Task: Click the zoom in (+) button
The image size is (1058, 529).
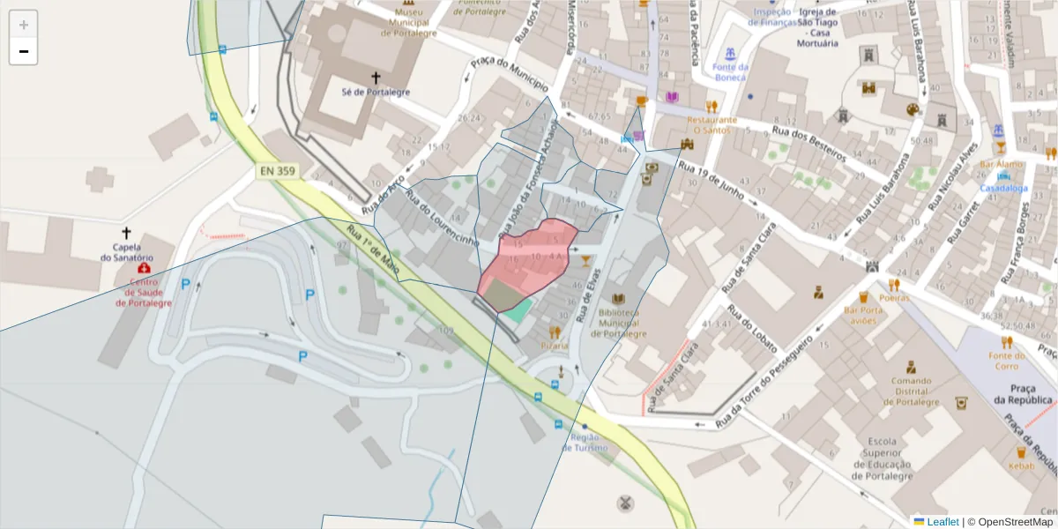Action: click(x=24, y=25)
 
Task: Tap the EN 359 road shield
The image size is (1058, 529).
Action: click(x=277, y=171)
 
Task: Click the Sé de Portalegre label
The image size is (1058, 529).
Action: click(x=376, y=92)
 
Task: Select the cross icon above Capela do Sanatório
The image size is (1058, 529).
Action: click(x=126, y=233)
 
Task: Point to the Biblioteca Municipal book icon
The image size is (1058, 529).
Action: click(x=618, y=299)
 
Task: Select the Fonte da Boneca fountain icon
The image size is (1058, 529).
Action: click(x=729, y=53)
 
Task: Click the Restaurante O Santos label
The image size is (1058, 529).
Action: click(x=712, y=124)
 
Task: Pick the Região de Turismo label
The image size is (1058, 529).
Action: click(x=589, y=442)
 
